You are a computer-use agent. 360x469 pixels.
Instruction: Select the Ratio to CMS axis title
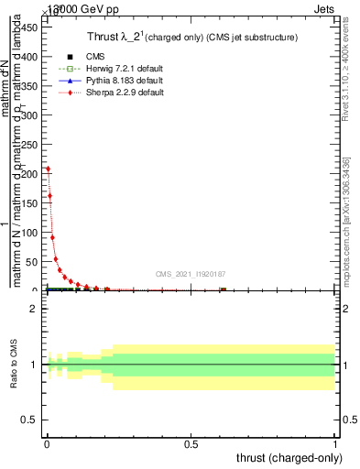pyautogui.click(x=14, y=365)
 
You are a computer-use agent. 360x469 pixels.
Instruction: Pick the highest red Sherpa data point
pyautogui.click(x=48, y=169)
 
